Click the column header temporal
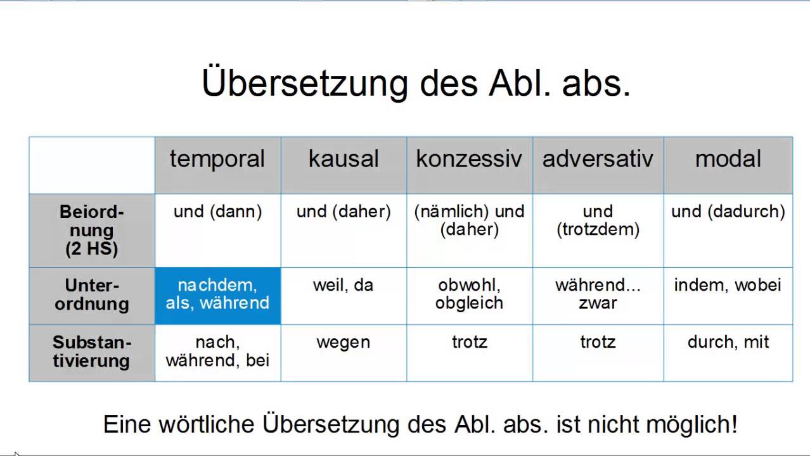pyautogui.click(x=217, y=159)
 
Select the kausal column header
pyautogui.click(x=344, y=159)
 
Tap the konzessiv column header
pyautogui.click(x=469, y=159)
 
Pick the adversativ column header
pyautogui.click(x=598, y=159)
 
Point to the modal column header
pyautogui.click(x=728, y=159)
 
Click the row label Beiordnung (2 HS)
pyautogui.click(x=92, y=230)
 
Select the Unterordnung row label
pyautogui.click(x=92, y=294)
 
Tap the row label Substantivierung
pyautogui.click(x=92, y=351)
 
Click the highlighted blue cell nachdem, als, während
pyautogui.click(x=217, y=294)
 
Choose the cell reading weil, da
pyautogui.click(x=344, y=286)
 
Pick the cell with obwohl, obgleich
pyautogui.click(x=469, y=294)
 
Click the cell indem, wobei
pyautogui.click(x=728, y=286)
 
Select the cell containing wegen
pyautogui.click(x=344, y=343)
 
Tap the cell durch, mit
pyautogui.click(x=728, y=343)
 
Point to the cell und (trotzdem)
pyautogui.click(x=598, y=220)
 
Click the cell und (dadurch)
pyautogui.click(x=728, y=212)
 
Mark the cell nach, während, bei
pyautogui.click(x=217, y=351)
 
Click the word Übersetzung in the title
pyautogui.click(x=305, y=83)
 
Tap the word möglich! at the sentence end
pyautogui.click(x=696, y=424)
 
